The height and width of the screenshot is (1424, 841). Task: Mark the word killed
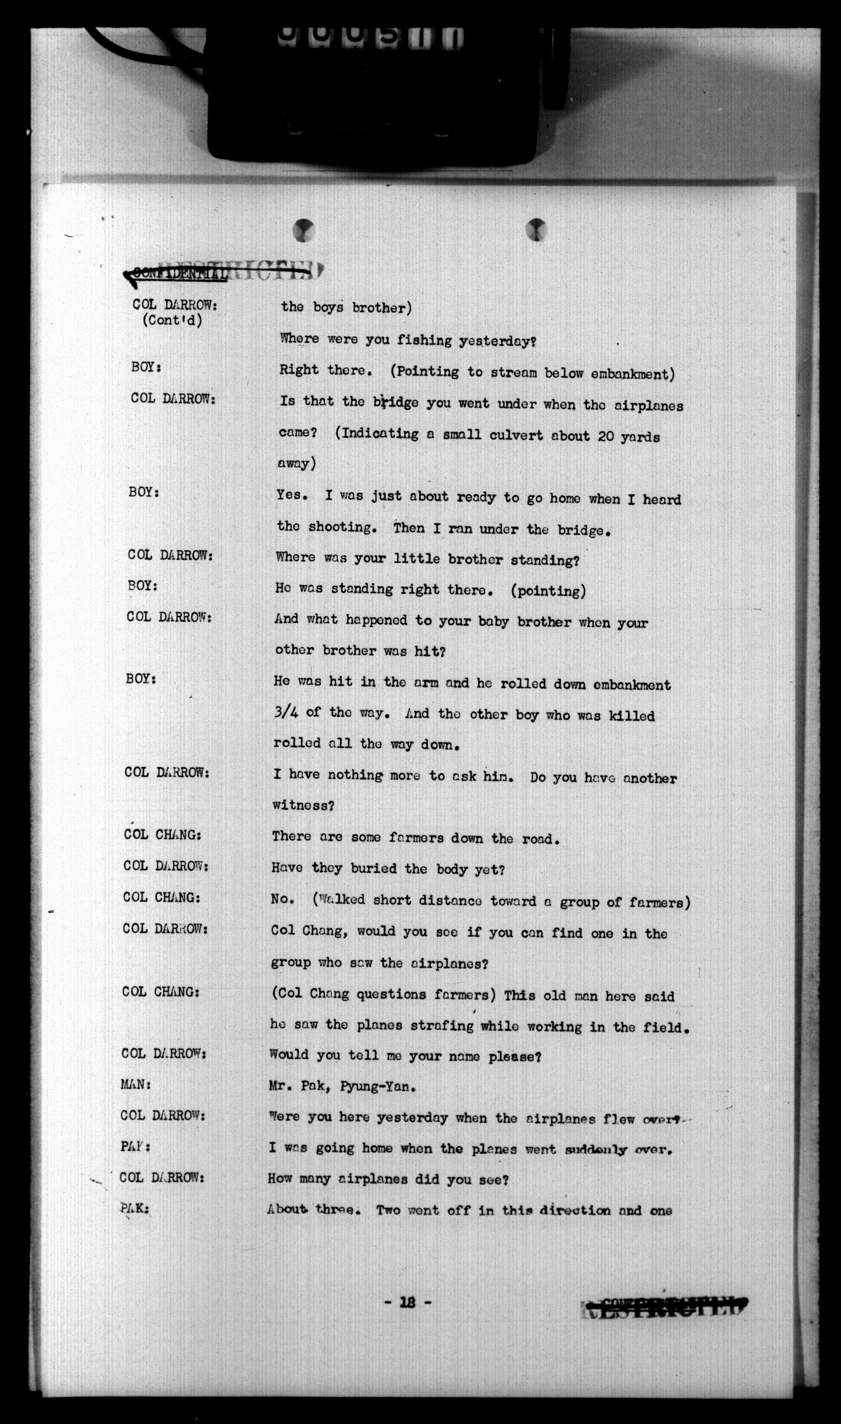click(632, 716)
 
